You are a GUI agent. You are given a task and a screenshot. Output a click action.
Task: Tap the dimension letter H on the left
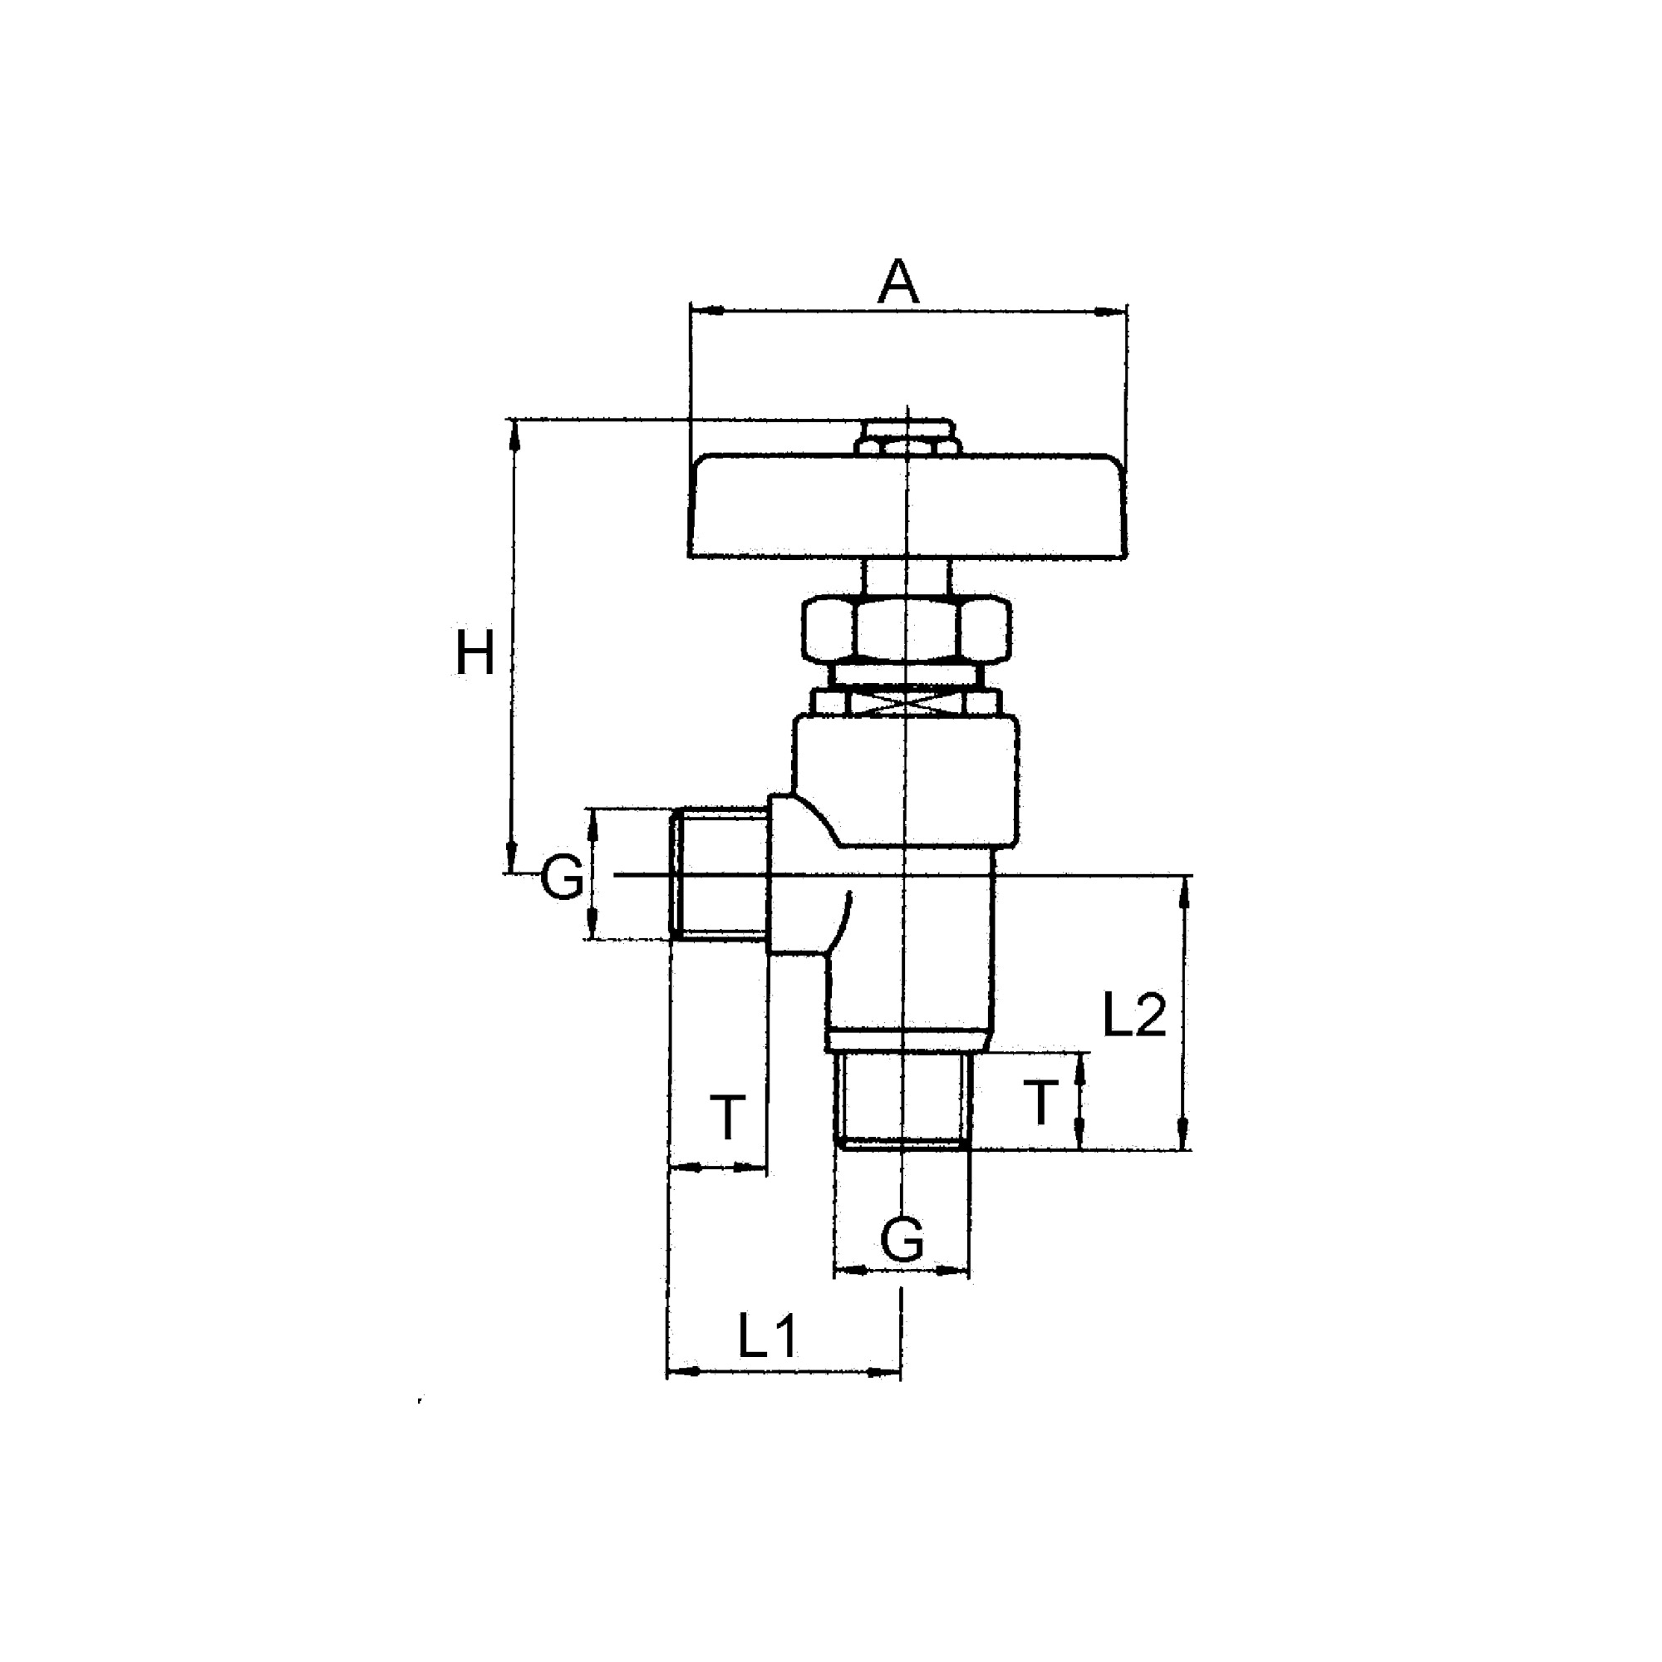pos(474,654)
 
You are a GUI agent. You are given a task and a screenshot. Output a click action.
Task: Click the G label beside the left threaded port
pos(562,878)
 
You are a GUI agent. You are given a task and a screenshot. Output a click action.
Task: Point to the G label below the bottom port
pos(902,1240)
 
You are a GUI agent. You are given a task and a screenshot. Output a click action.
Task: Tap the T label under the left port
pos(728,1118)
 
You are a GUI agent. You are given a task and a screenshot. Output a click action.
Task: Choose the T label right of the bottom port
pos(1041,1103)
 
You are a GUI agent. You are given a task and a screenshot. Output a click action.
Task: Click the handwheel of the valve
pos(907,508)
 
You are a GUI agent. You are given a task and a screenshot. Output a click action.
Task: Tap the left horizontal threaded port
pos(719,874)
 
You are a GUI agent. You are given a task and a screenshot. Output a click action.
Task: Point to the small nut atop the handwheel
pos(907,438)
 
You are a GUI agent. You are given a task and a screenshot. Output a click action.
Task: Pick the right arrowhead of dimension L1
pos(889,1373)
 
